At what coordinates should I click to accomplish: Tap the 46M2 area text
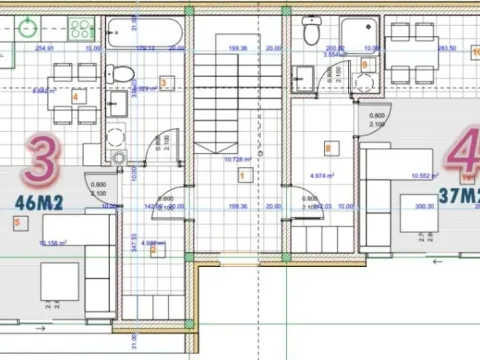click(39, 203)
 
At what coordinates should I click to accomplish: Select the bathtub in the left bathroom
click(145, 32)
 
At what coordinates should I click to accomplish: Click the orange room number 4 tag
click(76, 96)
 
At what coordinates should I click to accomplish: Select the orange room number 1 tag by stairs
click(242, 175)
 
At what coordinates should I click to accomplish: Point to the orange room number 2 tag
click(153, 250)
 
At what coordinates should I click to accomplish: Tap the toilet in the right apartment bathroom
click(311, 32)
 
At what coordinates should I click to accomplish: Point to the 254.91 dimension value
click(44, 47)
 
